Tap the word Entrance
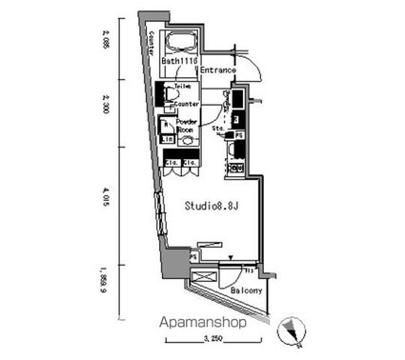(218, 70)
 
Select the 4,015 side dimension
(105, 201)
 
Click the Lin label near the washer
(166, 140)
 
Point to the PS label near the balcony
(194, 256)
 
